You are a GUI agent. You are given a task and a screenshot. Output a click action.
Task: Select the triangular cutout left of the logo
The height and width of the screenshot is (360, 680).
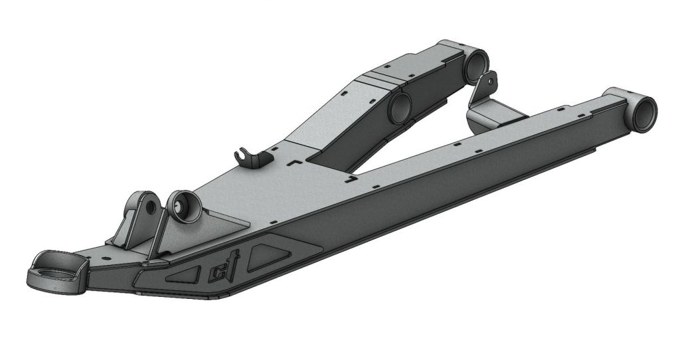tap(183, 274)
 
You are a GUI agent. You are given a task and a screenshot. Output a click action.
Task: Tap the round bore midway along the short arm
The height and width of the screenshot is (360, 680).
tap(400, 108)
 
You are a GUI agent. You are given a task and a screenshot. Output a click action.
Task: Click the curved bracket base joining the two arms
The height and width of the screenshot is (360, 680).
tap(491, 116)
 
